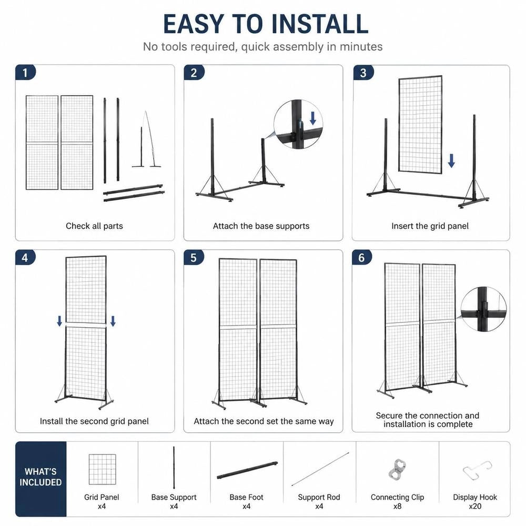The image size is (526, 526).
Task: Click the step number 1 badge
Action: (x=25, y=73)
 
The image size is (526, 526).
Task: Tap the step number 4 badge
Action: (x=25, y=258)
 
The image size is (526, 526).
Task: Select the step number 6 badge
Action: (x=362, y=258)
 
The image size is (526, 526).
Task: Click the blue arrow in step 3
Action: (x=451, y=160)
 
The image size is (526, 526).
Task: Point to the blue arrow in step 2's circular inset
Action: (x=312, y=118)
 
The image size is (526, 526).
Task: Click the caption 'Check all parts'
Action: (x=94, y=226)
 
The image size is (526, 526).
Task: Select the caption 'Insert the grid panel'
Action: (x=430, y=226)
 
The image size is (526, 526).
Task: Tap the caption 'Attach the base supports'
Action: (x=261, y=226)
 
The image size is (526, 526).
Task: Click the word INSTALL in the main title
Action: (x=320, y=24)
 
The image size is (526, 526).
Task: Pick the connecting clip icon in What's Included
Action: (x=398, y=468)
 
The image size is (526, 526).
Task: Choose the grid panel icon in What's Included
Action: (x=103, y=469)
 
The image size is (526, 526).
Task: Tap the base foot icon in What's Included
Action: (x=247, y=470)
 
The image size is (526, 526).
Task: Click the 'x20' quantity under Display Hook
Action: (x=475, y=506)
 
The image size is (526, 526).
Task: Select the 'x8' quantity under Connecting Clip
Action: (x=398, y=506)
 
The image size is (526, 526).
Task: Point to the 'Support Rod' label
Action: (x=319, y=497)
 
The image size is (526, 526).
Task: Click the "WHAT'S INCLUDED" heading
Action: (x=41, y=477)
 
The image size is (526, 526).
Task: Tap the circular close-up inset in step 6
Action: (x=483, y=309)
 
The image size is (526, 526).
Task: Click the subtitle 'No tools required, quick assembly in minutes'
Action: (x=262, y=47)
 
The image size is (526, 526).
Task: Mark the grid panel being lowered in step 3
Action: (x=420, y=124)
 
